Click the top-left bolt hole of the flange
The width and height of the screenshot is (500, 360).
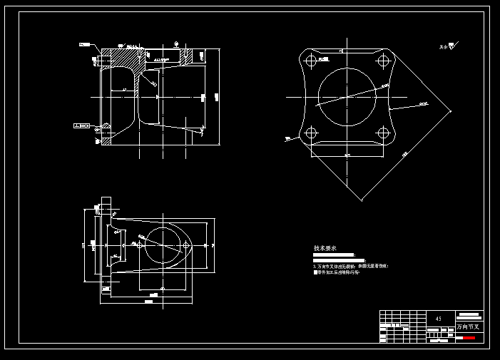pos(311,61)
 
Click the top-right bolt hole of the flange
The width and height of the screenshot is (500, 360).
pos(384,61)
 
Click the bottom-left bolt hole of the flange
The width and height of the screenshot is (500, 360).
pos(311,133)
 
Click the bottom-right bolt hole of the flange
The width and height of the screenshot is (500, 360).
pos(384,133)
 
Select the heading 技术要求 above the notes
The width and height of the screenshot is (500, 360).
pos(325,248)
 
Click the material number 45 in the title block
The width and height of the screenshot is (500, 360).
pos(438,319)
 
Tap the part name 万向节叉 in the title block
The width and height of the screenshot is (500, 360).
pos(469,327)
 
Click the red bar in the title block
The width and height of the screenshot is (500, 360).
pos(468,338)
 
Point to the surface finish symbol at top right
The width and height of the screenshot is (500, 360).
pos(448,47)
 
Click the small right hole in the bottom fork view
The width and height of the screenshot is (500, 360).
pos(188,245)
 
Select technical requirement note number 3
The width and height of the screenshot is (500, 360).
pos(350,266)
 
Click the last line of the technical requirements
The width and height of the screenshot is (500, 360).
pos(337,272)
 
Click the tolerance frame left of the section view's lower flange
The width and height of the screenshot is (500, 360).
pos(82,126)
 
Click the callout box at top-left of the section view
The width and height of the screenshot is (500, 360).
pos(85,45)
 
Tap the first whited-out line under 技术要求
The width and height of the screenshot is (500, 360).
pos(333,254)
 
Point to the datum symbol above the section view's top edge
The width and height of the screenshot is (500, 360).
pos(176,44)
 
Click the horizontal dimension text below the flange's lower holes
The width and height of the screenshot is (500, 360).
pos(347,155)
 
